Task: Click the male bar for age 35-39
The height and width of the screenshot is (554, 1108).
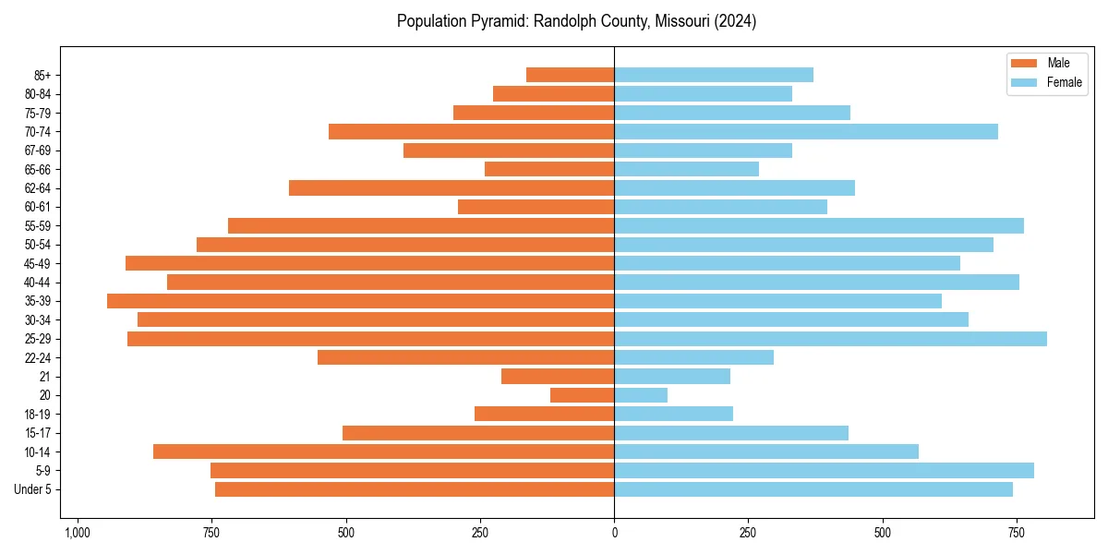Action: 360,301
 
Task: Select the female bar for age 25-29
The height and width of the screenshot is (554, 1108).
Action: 830,339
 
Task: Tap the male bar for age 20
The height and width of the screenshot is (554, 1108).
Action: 582,395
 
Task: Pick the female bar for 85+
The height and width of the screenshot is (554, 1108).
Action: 714,75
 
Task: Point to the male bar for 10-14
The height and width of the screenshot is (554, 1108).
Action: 383,452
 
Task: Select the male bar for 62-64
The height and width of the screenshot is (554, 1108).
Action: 452,188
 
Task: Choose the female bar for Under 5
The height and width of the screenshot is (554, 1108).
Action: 813,489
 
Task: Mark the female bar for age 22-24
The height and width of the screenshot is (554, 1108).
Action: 693,357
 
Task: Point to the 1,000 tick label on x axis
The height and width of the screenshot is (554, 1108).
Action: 77,533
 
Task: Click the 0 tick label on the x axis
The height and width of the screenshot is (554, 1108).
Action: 614,533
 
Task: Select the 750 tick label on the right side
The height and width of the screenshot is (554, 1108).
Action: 1017,533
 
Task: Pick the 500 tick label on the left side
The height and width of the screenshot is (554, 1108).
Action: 345,533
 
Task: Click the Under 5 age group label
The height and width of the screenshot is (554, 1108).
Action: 32,489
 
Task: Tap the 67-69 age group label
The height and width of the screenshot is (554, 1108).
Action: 37,151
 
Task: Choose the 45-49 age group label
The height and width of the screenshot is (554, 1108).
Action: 37,263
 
